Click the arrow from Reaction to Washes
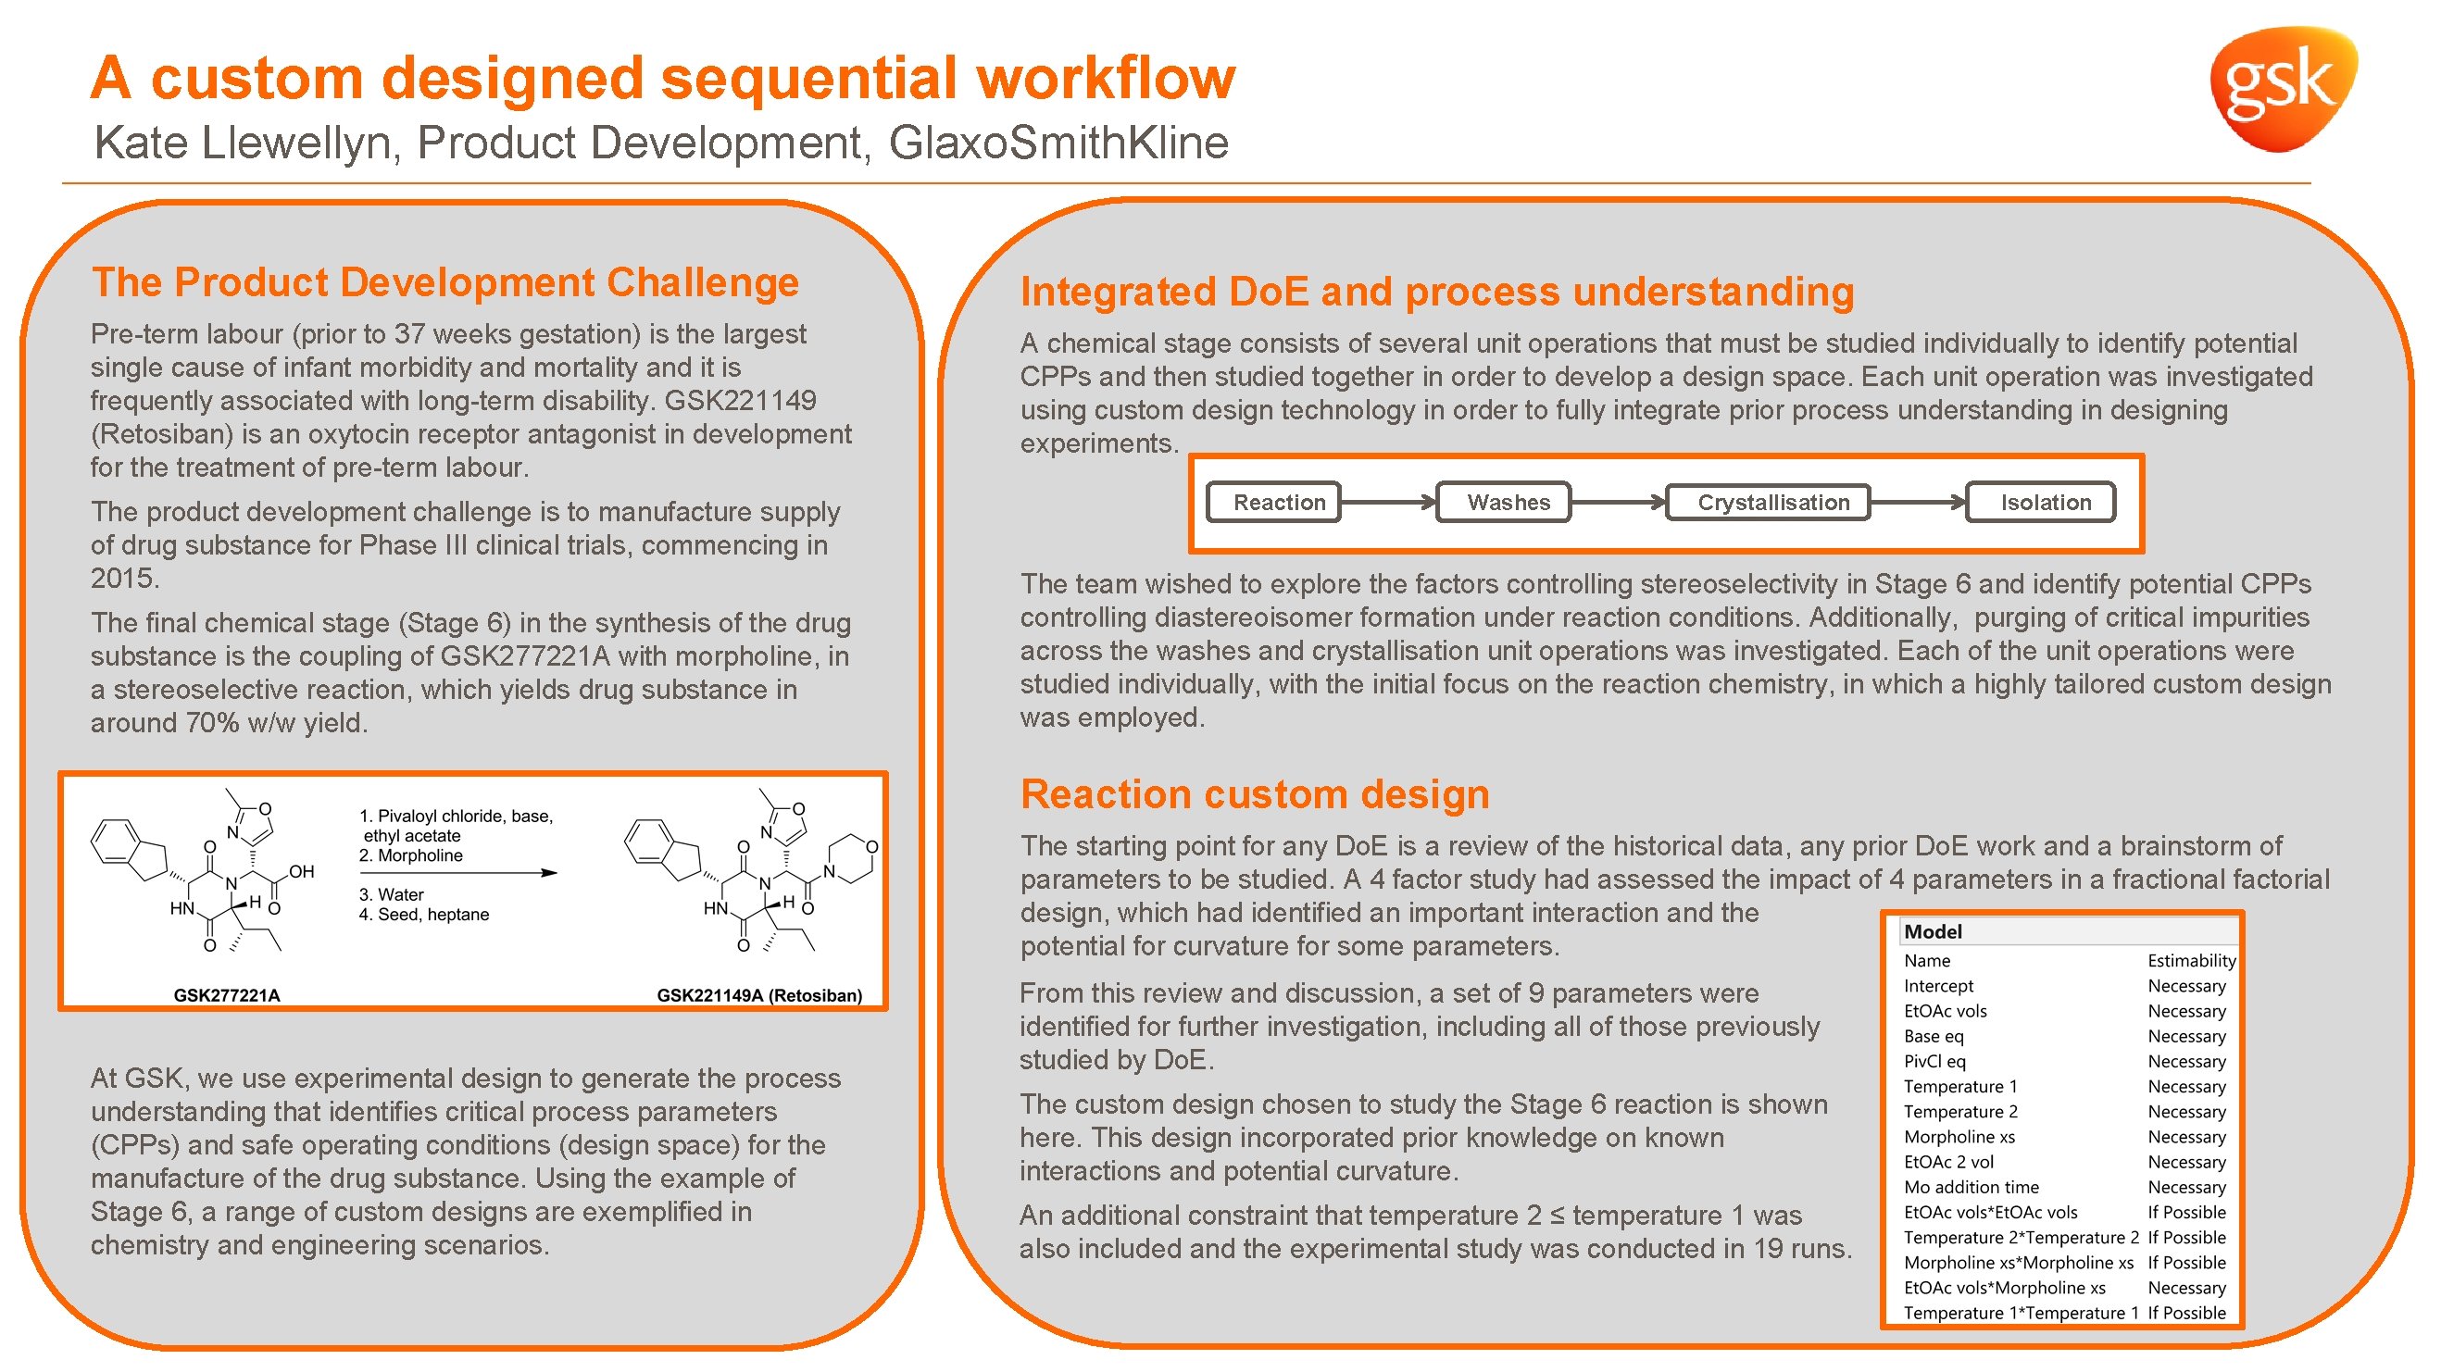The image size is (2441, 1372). [x=1388, y=502]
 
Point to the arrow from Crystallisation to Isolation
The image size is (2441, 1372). [x=1918, y=502]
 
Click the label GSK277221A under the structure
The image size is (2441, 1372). [x=227, y=995]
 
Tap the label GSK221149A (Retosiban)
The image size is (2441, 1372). [x=759, y=995]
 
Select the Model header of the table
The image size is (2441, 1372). [x=1934, y=931]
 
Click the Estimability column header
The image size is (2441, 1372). [x=2191, y=960]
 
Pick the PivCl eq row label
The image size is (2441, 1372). [x=1934, y=1061]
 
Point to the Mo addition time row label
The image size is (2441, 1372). [x=1971, y=1186]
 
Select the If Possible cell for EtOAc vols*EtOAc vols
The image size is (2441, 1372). [x=2186, y=1212]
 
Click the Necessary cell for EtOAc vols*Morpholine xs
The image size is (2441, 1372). [x=2186, y=1288]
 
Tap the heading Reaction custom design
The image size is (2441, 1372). [x=1254, y=794]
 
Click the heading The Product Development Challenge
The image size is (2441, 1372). [x=445, y=282]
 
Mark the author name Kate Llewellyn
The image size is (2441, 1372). [x=242, y=143]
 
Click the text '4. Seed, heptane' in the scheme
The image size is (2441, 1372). [x=423, y=915]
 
